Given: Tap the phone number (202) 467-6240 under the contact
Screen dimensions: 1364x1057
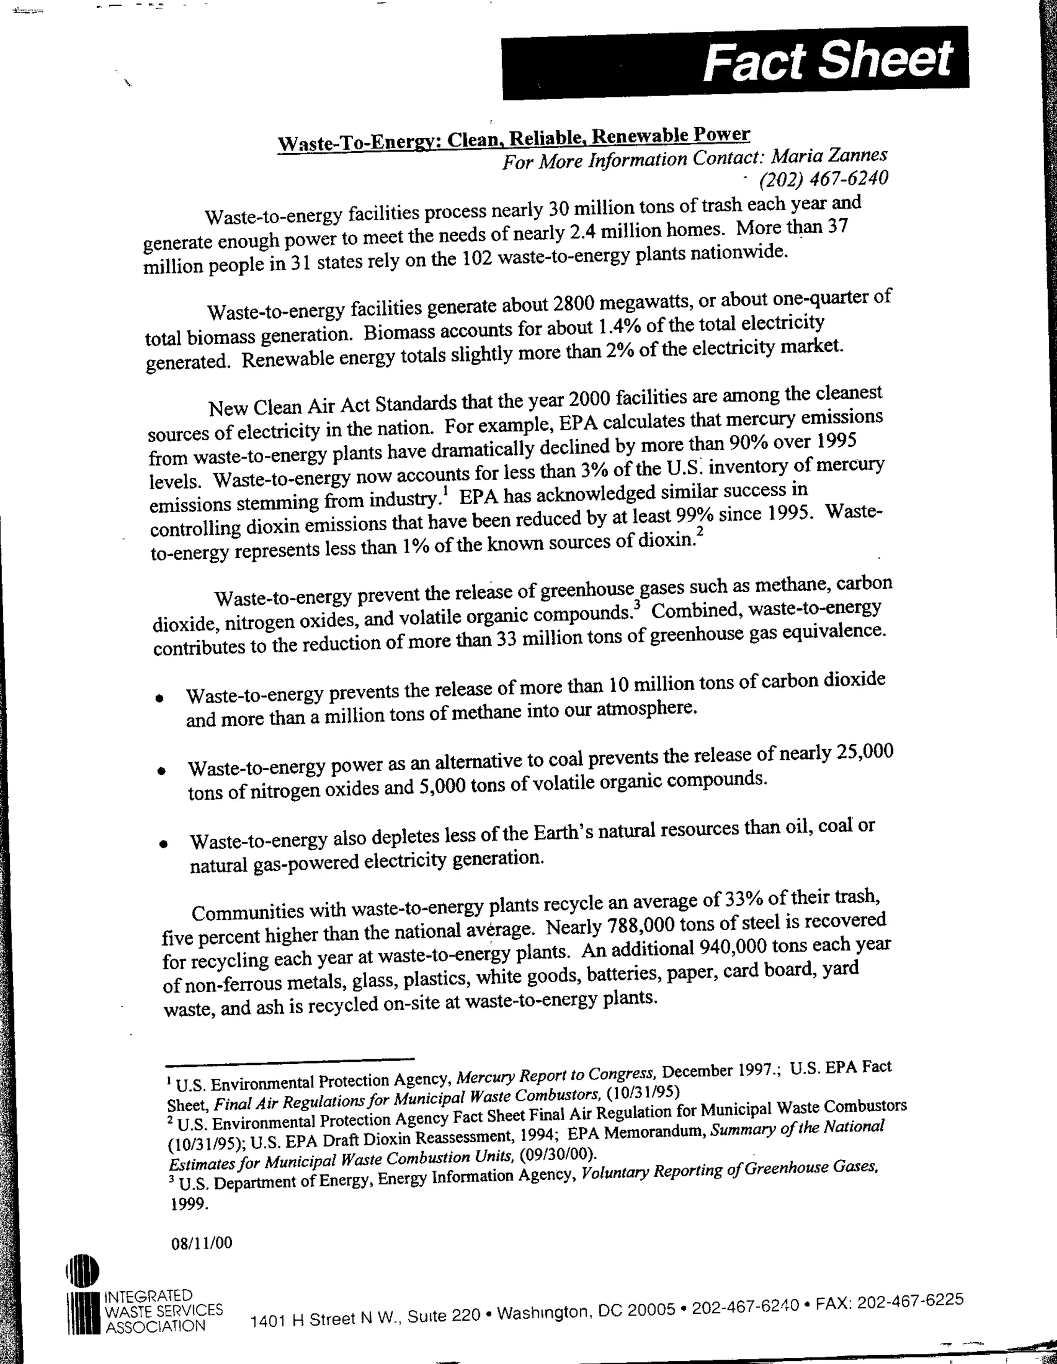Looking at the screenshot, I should tap(823, 178).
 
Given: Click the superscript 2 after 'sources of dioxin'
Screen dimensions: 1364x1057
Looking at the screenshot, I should tap(700, 531).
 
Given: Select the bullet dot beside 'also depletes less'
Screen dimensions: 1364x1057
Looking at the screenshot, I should tap(163, 845).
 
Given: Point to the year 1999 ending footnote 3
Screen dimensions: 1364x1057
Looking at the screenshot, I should tap(189, 1204).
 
